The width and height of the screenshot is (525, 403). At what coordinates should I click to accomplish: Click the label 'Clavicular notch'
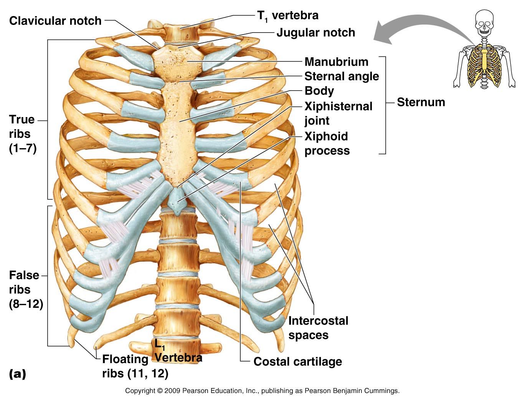[55, 20]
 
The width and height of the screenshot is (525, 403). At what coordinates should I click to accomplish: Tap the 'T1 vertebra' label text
[287, 15]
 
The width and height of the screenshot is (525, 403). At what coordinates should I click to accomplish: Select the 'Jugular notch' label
[315, 33]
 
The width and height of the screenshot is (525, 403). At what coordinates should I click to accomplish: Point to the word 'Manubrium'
[336, 62]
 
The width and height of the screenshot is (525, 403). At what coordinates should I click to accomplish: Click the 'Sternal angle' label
[342, 76]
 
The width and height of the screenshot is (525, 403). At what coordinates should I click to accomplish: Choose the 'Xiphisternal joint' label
[338, 113]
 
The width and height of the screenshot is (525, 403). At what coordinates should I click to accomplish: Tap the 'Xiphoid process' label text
[327, 144]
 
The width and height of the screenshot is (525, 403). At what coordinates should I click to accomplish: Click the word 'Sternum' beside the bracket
[421, 102]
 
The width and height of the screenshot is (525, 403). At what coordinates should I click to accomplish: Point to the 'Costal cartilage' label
[297, 362]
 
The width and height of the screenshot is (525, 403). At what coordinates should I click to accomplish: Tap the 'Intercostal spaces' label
[318, 328]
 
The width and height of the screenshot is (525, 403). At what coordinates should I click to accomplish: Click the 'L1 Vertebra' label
[178, 352]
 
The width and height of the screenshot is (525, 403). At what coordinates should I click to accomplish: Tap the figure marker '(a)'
[17, 373]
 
